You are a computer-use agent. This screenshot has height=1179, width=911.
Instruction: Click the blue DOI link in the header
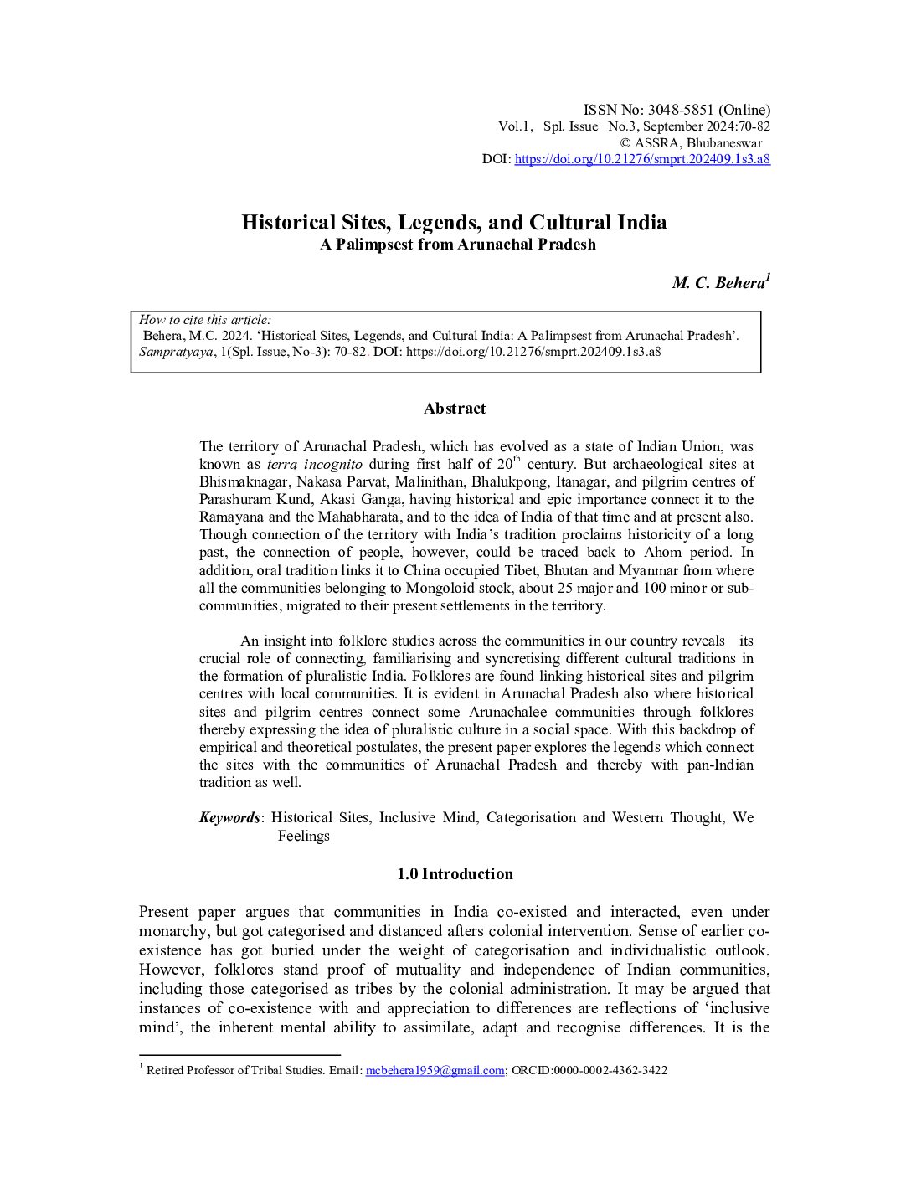pos(642,159)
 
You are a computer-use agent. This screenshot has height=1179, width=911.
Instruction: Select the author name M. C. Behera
pos(718,283)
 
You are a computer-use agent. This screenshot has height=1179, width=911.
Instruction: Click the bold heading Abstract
pos(455,409)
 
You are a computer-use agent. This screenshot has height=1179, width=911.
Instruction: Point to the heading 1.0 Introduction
pos(455,874)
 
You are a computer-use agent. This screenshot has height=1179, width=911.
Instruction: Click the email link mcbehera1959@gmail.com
pos(435,1070)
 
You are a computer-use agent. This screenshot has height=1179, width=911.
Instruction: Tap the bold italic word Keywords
pos(229,817)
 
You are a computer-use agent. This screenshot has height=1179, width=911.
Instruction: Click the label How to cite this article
pos(205,320)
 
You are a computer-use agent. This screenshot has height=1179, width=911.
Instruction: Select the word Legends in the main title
pos(436,223)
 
